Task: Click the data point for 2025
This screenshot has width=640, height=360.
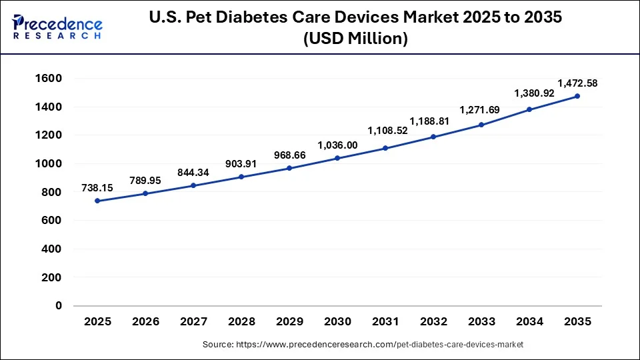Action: coord(97,201)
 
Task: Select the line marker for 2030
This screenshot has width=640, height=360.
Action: coord(337,158)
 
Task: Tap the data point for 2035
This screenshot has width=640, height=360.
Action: coord(577,96)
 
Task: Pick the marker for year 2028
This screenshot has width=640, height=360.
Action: coord(241,177)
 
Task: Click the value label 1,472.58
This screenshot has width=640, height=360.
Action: coord(577,83)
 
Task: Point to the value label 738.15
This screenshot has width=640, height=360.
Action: coord(97,188)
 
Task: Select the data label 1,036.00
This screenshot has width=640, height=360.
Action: coord(337,145)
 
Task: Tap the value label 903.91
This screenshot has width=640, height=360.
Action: coord(241,164)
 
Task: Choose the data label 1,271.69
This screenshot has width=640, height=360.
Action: coord(481,111)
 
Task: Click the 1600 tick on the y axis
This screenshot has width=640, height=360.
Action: coord(49,78)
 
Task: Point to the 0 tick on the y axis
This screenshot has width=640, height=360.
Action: coord(59,305)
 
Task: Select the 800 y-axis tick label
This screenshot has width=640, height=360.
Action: coord(51,192)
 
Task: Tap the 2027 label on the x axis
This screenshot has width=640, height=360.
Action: coord(193,321)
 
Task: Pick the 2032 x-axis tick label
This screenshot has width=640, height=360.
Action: coord(433,321)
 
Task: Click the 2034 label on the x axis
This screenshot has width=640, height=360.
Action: coord(529,321)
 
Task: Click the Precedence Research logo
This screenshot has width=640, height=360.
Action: coord(57,26)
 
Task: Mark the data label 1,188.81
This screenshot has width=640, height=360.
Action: coord(433,122)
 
